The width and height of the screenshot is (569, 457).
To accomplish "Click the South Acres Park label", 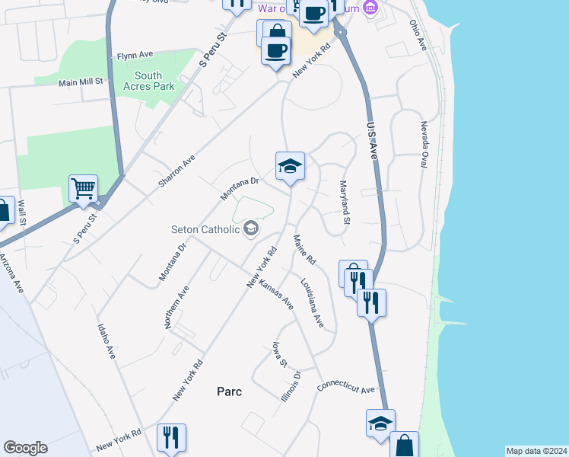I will tap(148, 81).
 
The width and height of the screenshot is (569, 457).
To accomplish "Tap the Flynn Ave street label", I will tap(135, 56).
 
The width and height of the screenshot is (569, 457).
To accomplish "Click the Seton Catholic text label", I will tap(206, 228).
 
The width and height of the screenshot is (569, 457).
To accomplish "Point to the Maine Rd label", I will tap(304, 251).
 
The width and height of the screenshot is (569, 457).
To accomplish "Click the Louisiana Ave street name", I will tap(313, 303).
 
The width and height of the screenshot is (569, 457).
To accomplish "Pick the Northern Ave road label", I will tap(175, 307).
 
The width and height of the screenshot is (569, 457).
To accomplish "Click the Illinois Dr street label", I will tap(291, 385).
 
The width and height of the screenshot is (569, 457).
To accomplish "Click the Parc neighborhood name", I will tap(229, 391).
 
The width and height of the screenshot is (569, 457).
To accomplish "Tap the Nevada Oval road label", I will tap(424, 143).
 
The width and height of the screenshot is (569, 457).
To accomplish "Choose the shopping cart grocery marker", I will tap(83, 187).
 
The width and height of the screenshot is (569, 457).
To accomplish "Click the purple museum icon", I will tap(370, 8).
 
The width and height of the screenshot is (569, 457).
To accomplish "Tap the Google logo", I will tap(25, 448).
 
